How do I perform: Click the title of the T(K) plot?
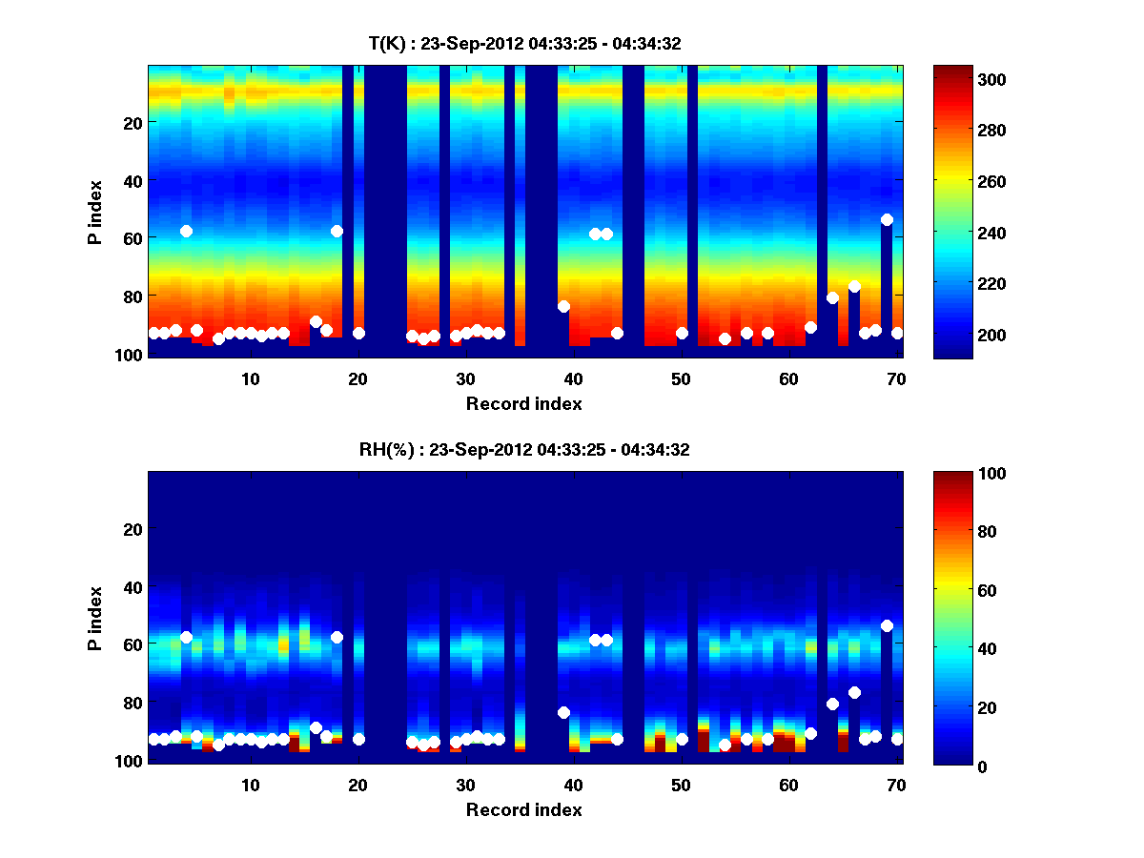(x=523, y=43)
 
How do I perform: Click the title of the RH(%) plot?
(x=523, y=450)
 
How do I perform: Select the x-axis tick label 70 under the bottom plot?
(x=896, y=785)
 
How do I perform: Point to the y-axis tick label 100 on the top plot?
(x=130, y=354)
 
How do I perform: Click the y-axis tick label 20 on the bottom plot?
(x=133, y=529)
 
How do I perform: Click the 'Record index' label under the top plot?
(x=523, y=403)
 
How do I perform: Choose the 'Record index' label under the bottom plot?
(x=523, y=809)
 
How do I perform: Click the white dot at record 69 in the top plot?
(x=887, y=219)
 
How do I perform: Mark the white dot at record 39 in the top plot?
(x=563, y=306)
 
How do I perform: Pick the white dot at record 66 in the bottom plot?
(x=854, y=692)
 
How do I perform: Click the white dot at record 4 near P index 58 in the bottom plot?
(x=186, y=637)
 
